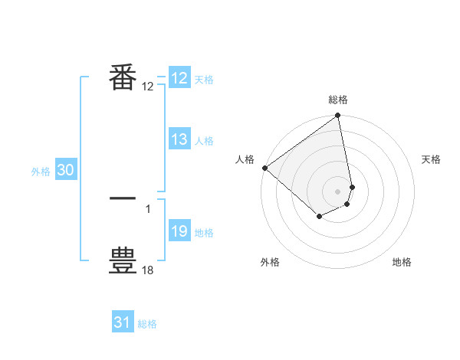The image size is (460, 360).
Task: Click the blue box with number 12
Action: click(x=179, y=78)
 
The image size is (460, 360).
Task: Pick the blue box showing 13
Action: click(x=179, y=139)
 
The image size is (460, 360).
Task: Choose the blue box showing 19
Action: click(x=179, y=231)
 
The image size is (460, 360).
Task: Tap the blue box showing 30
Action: click(x=66, y=171)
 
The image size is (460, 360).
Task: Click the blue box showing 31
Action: click(x=123, y=322)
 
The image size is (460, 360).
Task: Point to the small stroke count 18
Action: click(x=148, y=270)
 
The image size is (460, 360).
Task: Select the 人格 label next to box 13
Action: click(x=204, y=141)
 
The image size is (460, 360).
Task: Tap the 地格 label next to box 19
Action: click(x=204, y=233)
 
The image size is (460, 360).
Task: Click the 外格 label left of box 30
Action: click(x=41, y=172)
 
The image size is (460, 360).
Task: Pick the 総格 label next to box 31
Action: click(x=147, y=324)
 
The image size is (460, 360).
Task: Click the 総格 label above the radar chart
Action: click(x=338, y=100)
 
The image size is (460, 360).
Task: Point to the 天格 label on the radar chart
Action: click(x=431, y=159)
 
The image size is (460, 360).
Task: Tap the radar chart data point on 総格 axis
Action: click(x=338, y=116)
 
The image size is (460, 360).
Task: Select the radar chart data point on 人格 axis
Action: click(x=264, y=168)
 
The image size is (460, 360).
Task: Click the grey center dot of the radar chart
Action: click(x=338, y=191)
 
